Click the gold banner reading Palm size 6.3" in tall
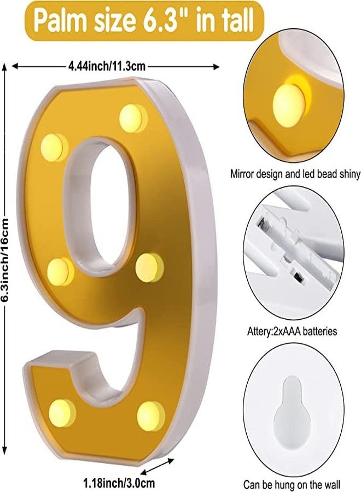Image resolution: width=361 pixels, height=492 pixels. [x=144, y=21]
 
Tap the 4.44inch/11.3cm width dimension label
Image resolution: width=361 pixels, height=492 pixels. [x=107, y=66]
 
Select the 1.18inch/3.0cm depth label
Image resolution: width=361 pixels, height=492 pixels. [x=119, y=482]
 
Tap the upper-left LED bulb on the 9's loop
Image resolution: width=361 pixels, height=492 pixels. [x=54, y=148]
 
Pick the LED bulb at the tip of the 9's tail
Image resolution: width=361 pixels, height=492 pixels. [x=61, y=412]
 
